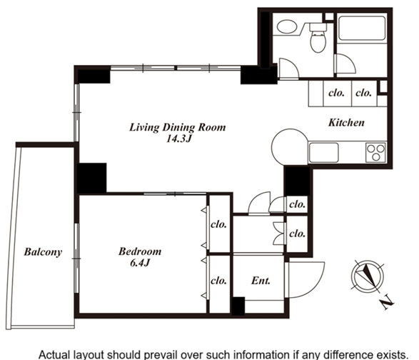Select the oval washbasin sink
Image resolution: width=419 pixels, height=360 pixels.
(x=287, y=26)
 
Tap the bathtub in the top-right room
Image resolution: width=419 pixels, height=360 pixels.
(x=362, y=28)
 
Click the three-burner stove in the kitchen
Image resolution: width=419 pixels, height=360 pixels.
(x=375, y=152)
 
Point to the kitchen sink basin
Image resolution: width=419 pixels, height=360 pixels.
(x=324, y=152)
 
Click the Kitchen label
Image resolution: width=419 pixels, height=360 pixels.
(x=346, y=122)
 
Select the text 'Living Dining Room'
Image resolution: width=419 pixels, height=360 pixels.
(x=178, y=127)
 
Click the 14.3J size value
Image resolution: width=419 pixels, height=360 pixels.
(x=178, y=139)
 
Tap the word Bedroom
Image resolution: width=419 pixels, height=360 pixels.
(x=140, y=251)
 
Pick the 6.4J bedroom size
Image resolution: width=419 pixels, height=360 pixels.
(x=139, y=263)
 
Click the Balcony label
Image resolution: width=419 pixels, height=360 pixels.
(x=43, y=252)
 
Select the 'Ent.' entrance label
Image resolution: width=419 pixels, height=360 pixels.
(x=261, y=281)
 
